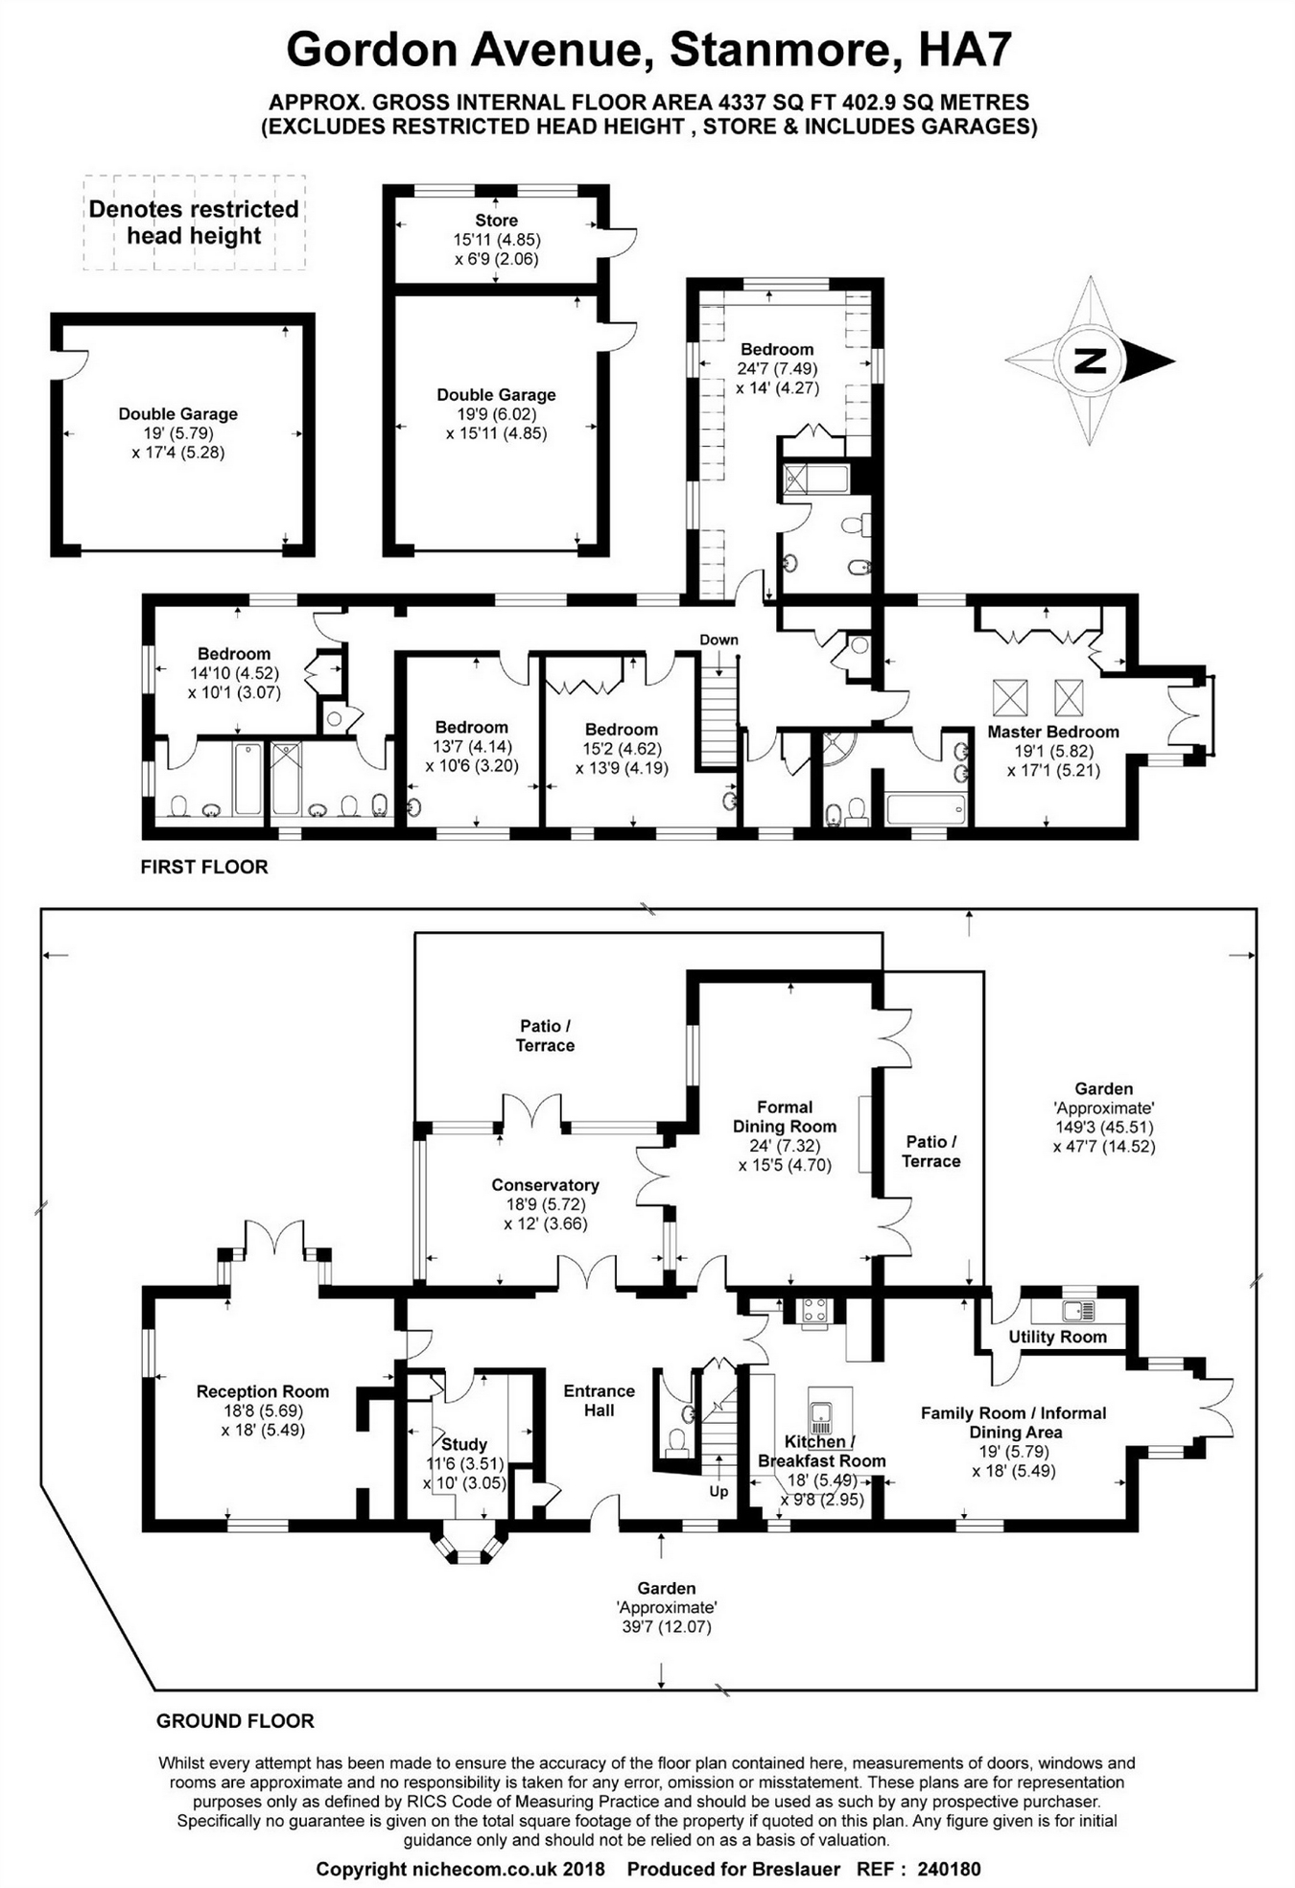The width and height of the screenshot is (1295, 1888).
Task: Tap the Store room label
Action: pos(496,221)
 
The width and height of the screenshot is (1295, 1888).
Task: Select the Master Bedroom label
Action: pos(1053,732)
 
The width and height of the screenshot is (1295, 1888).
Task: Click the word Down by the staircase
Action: pos(718,640)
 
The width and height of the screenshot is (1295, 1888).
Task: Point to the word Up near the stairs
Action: pos(718,1491)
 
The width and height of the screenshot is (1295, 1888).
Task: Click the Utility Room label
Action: pos(1057,1337)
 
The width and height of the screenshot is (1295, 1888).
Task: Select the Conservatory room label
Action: pos(545,1185)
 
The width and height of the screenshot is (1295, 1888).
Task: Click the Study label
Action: pos(464,1444)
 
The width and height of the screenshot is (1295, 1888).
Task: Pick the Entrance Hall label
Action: pos(599,1400)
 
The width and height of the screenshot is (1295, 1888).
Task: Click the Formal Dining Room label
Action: pos(785,1116)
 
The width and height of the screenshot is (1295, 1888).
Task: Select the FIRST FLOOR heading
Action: pos(204,867)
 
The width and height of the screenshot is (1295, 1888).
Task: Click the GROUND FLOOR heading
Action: pos(235,1721)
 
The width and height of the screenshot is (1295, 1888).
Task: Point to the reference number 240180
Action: pos(949,1869)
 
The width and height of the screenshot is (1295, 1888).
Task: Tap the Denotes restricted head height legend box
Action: pos(194,222)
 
